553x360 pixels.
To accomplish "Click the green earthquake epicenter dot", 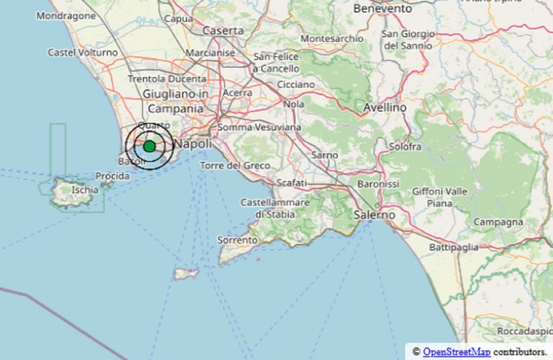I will click(149, 146).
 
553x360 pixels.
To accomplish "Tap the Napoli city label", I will click(193, 145).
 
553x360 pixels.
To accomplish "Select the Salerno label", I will click(375, 215).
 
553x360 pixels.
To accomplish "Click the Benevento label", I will click(382, 9).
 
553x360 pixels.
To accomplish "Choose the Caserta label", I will click(223, 31).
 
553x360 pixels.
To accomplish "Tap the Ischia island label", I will click(85, 190).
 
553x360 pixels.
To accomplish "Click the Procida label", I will click(112, 176).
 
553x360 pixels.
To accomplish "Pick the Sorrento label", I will click(238, 240).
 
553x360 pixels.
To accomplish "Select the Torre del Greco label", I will click(235, 166).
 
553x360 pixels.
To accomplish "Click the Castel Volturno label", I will click(83, 53).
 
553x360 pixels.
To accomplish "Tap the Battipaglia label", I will click(454, 248).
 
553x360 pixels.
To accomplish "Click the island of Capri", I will click(186, 274).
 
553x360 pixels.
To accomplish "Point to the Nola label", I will click(294, 104).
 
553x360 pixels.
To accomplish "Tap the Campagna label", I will click(498, 222).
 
